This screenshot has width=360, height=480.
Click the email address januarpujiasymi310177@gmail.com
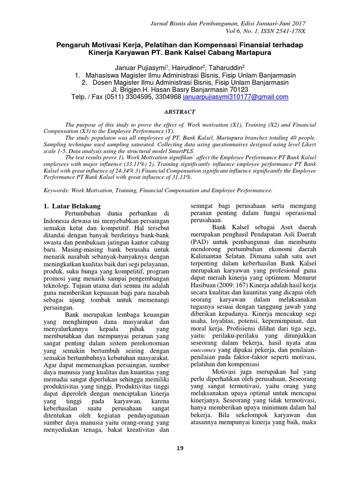click(x=236, y=97)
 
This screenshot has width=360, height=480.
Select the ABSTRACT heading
click(x=180, y=112)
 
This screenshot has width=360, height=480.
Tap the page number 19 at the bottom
click(x=180, y=448)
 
